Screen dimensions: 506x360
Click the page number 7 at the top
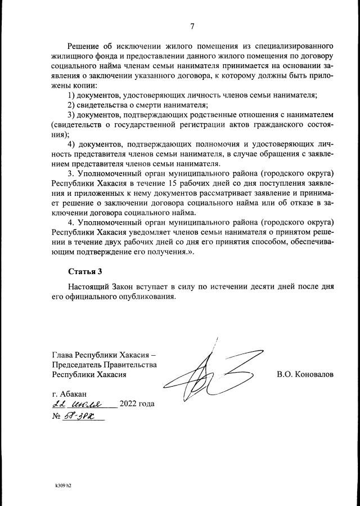(x=192, y=26)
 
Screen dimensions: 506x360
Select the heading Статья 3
(x=85, y=271)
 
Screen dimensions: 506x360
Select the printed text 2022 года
(x=137, y=405)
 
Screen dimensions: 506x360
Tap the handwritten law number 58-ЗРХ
(x=81, y=417)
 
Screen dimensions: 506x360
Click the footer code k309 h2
(x=63, y=483)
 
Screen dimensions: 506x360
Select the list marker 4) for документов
(x=72, y=145)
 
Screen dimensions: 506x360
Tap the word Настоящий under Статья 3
(x=89, y=286)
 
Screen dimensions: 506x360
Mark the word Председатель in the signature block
(x=78, y=364)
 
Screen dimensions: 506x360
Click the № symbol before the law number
(x=56, y=418)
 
